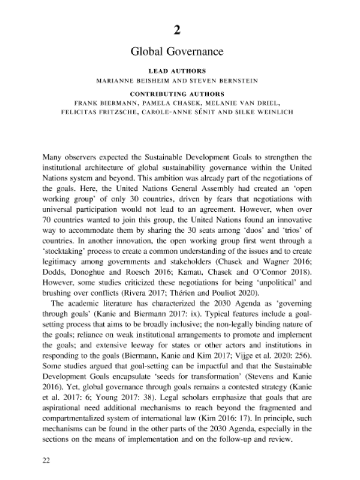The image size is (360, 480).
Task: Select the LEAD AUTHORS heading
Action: pyautogui.click(x=180, y=70)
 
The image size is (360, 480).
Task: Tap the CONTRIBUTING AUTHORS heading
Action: pyautogui.click(x=180, y=94)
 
